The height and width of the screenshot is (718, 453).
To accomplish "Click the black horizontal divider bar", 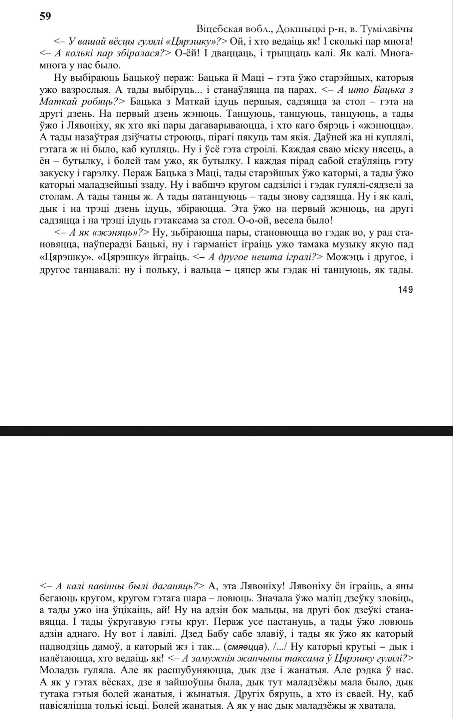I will point(226,431).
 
